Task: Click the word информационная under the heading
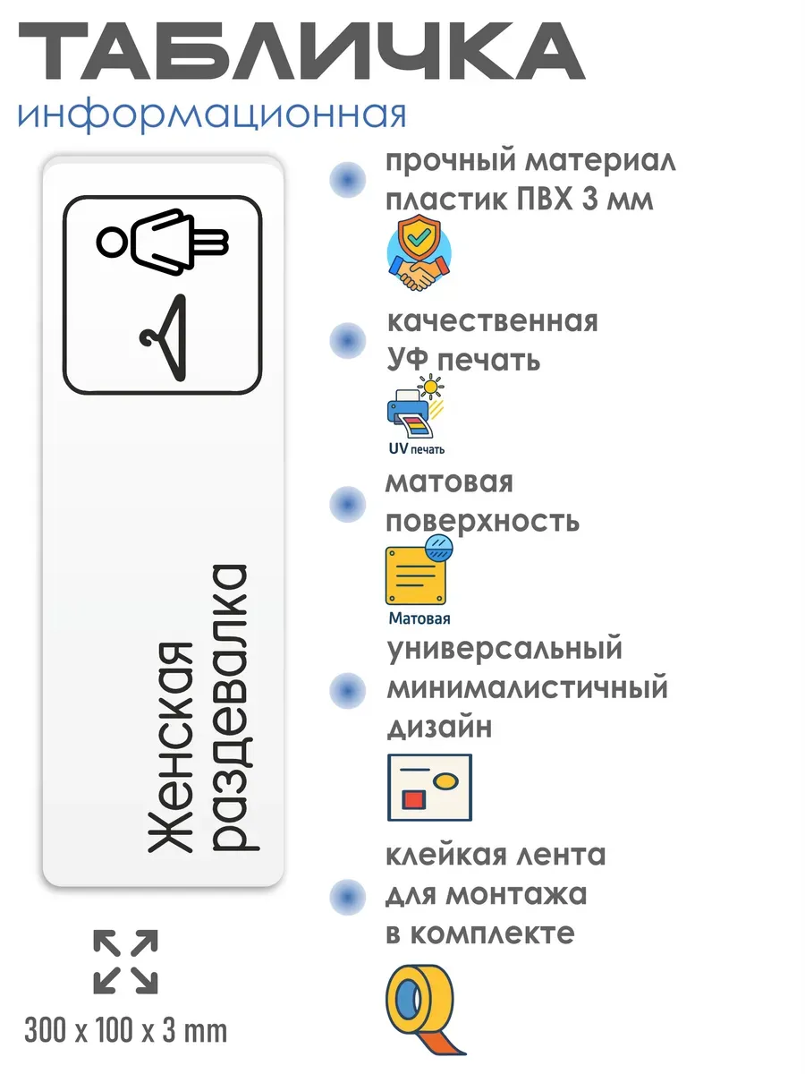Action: (x=211, y=115)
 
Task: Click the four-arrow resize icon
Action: (x=125, y=962)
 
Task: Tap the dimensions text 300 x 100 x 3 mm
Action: (x=126, y=1031)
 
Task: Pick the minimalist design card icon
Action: (x=429, y=788)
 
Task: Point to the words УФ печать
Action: (x=463, y=361)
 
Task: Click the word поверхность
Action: (x=482, y=521)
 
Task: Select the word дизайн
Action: (x=439, y=729)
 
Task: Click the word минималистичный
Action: (x=527, y=688)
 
